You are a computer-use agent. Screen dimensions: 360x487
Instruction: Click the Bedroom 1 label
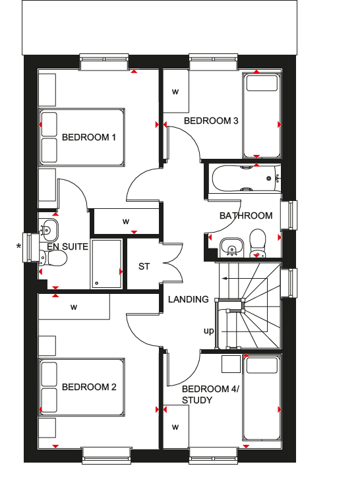(x=89, y=137)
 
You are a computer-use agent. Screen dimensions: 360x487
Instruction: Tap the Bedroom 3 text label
(x=211, y=121)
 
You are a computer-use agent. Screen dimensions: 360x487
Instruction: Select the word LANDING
(x=189, y=299)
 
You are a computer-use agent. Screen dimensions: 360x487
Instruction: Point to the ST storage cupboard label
(x=144, y=266)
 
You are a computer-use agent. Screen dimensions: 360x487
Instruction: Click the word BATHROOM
(x=246, y=215)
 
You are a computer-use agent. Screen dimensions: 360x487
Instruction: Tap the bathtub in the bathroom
(x=246, y=179)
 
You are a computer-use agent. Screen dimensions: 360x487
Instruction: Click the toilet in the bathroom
(x=258, y=244)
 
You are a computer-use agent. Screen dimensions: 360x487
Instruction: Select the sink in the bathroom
(x=231, y=248)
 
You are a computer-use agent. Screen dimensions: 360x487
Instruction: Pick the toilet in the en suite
(x=53, y=258)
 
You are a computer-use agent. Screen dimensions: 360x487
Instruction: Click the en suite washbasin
(x=49, y=230)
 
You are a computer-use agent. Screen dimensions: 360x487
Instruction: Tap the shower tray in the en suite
(x=106, y=264)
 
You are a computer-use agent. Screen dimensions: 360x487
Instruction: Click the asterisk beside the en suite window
(x=19, y=246)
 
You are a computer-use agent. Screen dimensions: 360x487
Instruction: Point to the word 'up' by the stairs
(x=209, y=331)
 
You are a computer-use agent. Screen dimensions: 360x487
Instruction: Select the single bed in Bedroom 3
(x=262, y=115)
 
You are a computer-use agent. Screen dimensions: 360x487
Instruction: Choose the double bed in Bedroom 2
(x=82, y=387)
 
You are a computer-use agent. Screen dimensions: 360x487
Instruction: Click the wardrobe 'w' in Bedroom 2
(x=74, y=307)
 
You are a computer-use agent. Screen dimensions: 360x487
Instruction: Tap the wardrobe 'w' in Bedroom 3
(x=175, y=92)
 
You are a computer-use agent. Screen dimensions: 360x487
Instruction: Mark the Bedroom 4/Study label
(x=210, y=395)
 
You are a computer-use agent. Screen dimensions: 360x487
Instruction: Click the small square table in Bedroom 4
(x=231, y=364)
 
